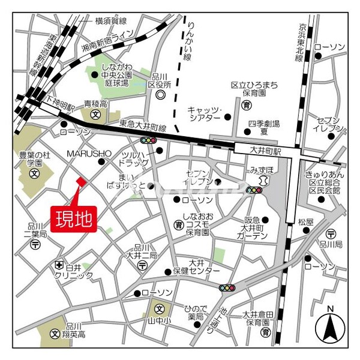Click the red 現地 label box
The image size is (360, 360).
coord(74,218)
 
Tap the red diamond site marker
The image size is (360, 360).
coord(81,181)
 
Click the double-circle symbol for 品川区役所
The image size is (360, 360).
coord(160,95)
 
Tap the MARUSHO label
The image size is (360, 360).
coord(86,153)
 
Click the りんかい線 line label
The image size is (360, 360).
coord(188,40)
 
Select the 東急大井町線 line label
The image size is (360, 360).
coord(142,124)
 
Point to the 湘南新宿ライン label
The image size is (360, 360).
coord(113,41)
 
